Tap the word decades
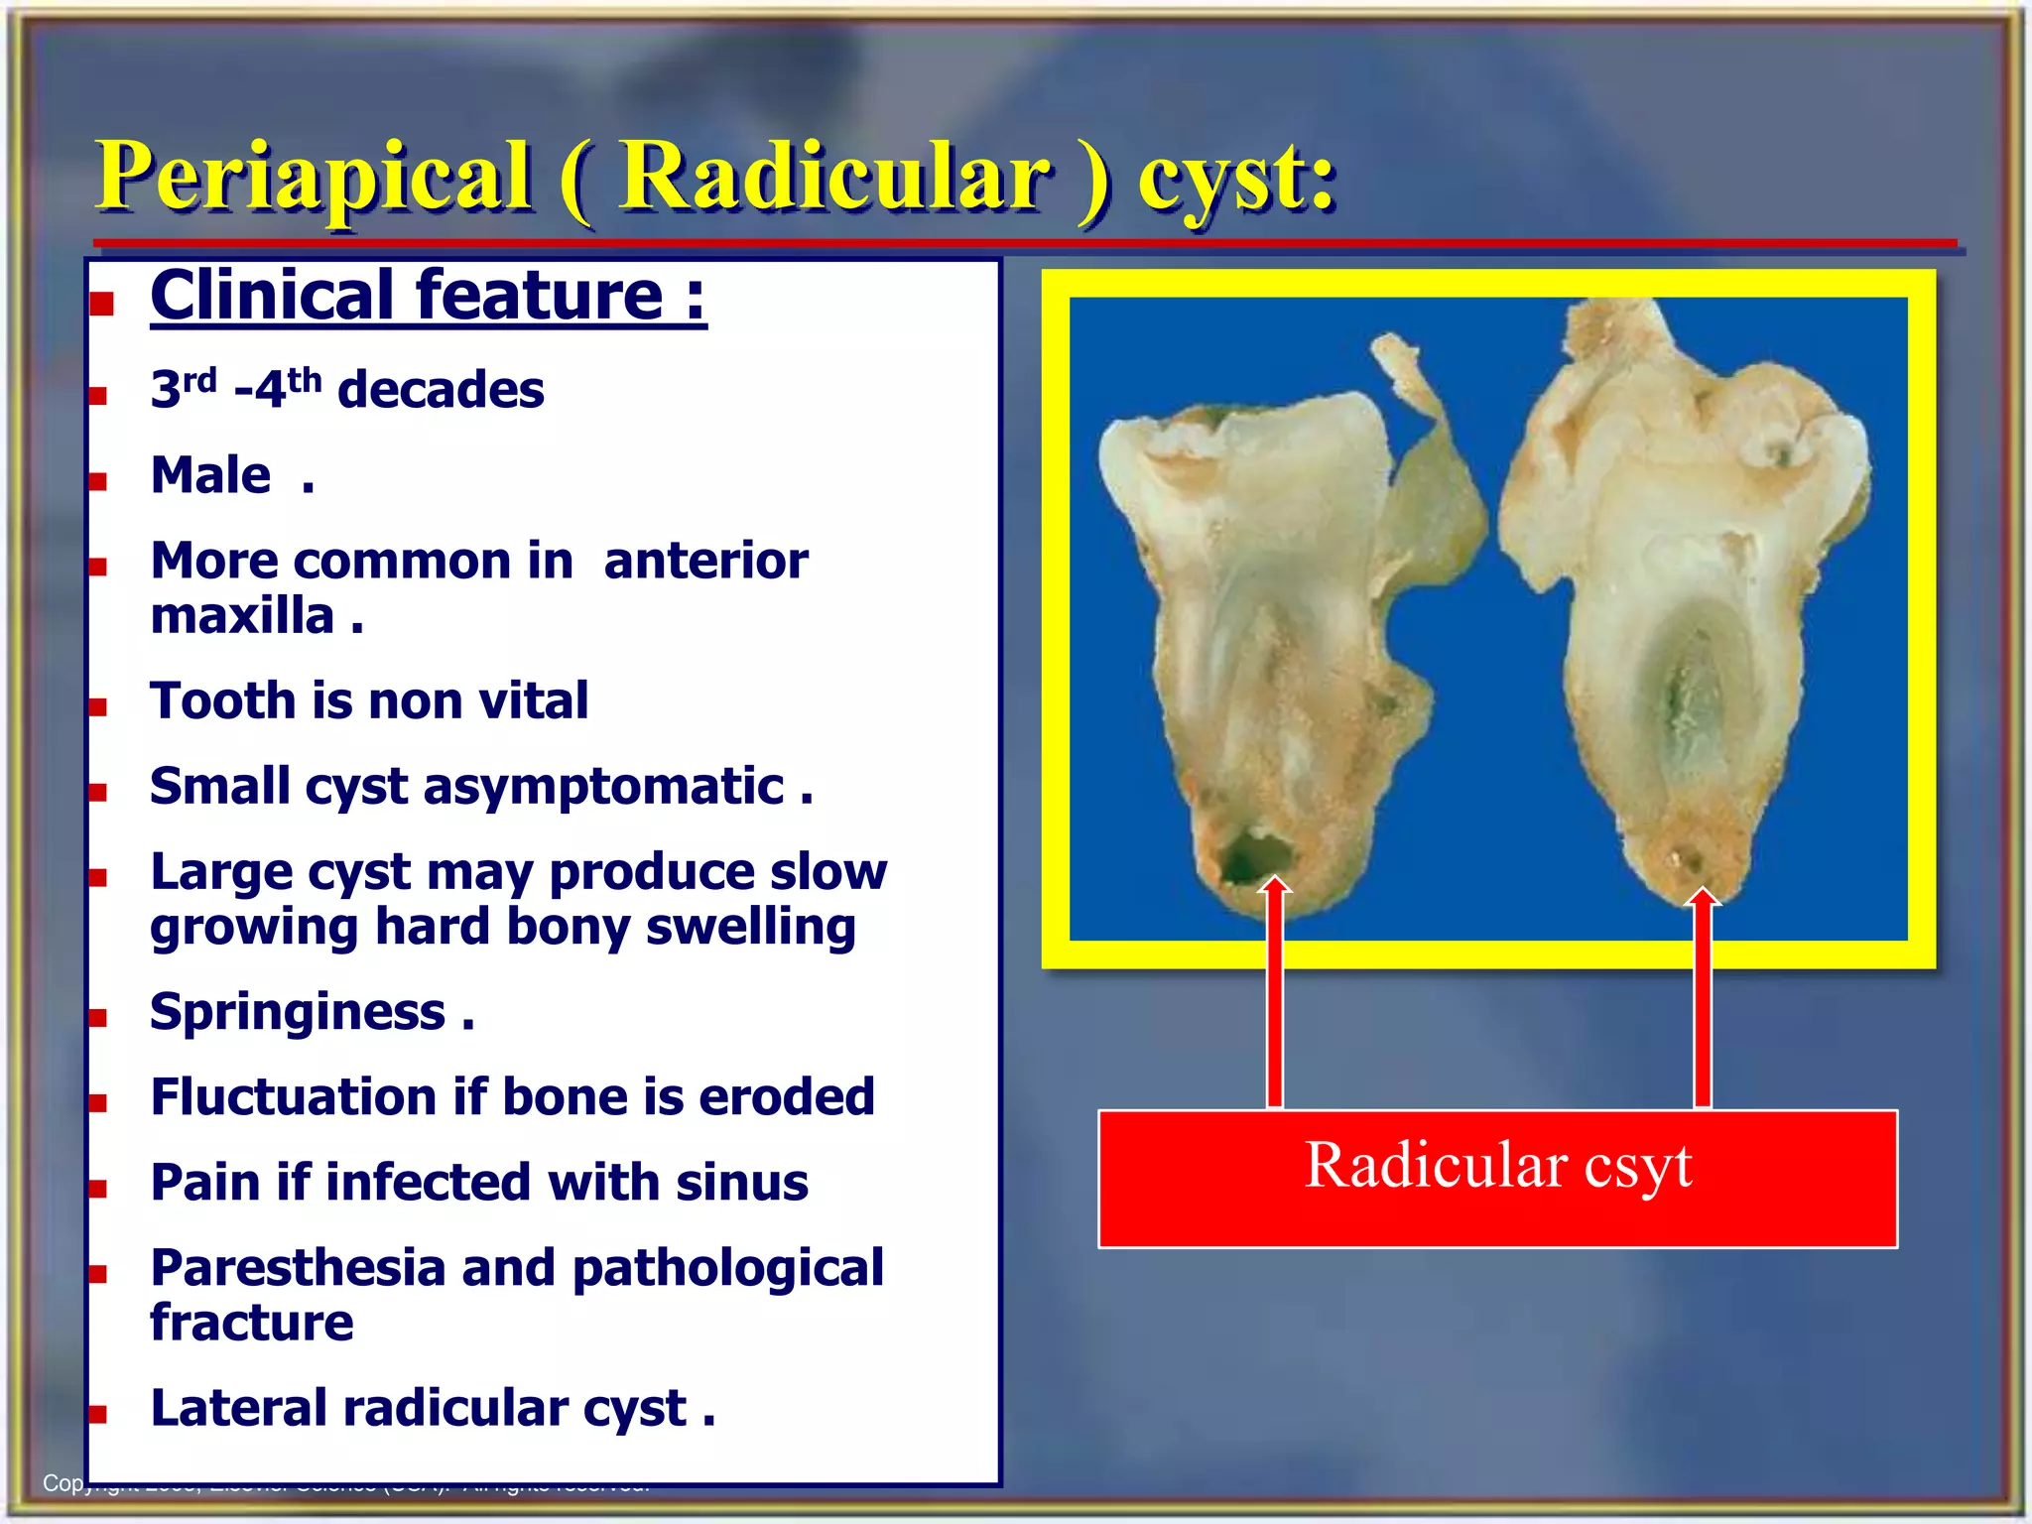(x=441, y=389)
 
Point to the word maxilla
(x=242, y=616)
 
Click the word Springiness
(x=298, y=1012)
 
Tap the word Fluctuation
(x=294, y=1097)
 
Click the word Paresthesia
(x=298, y=1268)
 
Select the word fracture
(x=252, y=1323)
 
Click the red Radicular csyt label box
(x=1496, y=1178)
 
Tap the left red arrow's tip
(x=1275, y=881)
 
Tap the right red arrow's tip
(x=1703, y=891)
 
